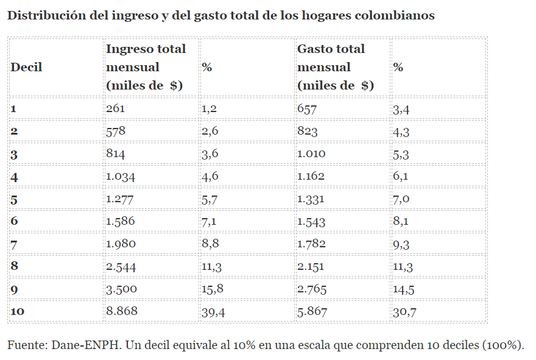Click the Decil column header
[26, 67]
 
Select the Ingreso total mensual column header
[146, 67]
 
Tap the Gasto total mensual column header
[336, 67]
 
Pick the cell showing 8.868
[122, 311]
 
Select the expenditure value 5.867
[312, 311]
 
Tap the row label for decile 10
[18, 311]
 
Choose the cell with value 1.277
[121, 199]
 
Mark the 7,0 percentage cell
[401, 199]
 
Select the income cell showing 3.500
[121, 289]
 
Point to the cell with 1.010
[311, 154]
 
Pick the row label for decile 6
[14, 221]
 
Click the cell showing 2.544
[121, 266]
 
